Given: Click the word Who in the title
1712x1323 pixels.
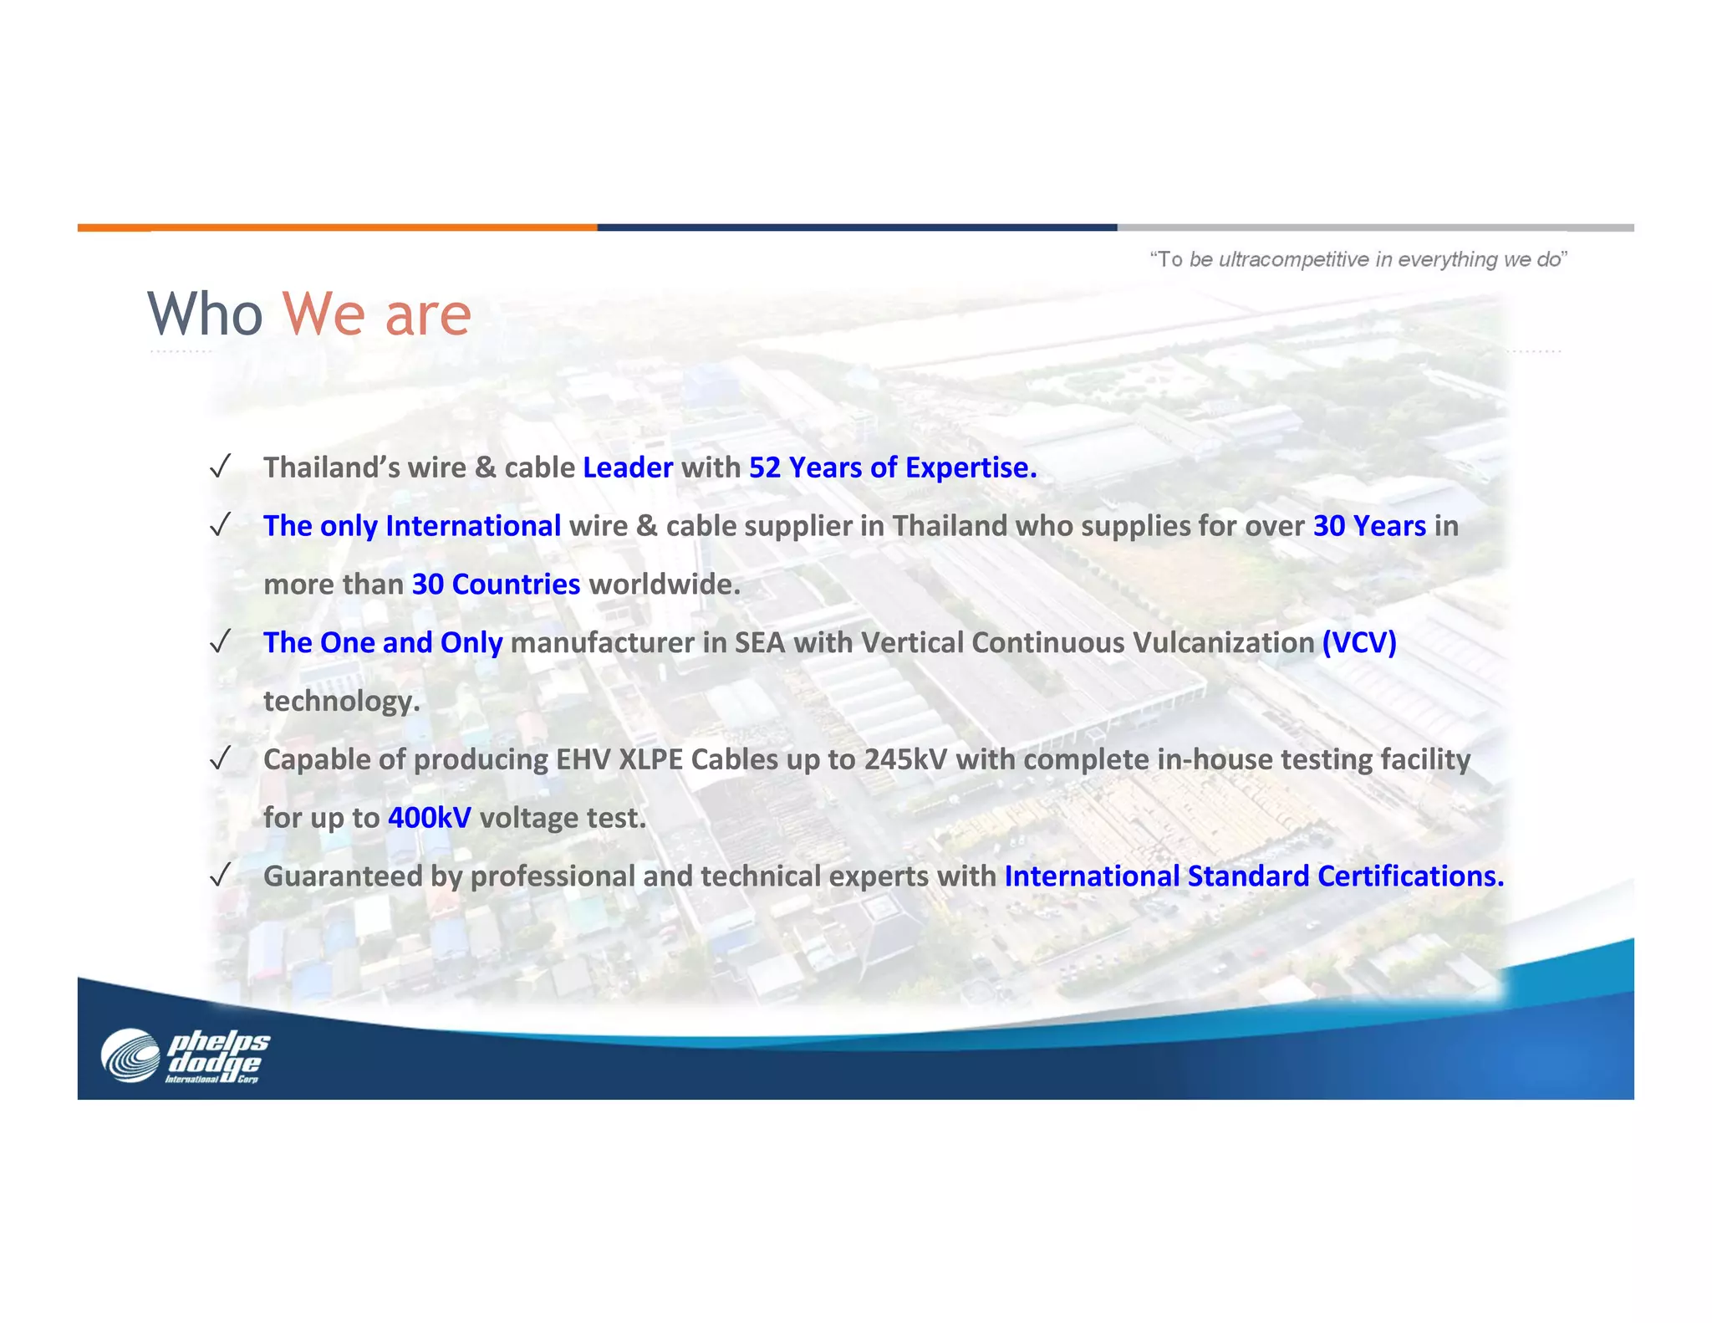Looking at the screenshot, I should (205, 314).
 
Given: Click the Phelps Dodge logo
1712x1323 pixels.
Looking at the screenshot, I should (186, 1056).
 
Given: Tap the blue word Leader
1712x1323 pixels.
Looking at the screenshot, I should (627, 467).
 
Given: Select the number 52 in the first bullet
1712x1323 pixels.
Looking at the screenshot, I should (764, 467).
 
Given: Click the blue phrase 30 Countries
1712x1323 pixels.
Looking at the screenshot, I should (496, 584).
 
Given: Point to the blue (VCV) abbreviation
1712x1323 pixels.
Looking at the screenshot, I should (1359, 642).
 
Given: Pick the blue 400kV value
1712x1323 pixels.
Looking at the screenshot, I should (429, 817).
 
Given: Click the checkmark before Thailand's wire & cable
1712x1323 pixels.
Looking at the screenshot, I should (220, 467).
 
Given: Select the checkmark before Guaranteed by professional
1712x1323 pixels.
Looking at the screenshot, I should (220, 876).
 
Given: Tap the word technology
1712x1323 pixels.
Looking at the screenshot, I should (341, 701).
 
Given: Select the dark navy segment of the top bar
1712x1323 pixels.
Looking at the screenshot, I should (857, 227).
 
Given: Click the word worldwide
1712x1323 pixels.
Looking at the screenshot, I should (665, 584).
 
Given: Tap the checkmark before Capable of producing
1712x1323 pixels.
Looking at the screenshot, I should (220, 759).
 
